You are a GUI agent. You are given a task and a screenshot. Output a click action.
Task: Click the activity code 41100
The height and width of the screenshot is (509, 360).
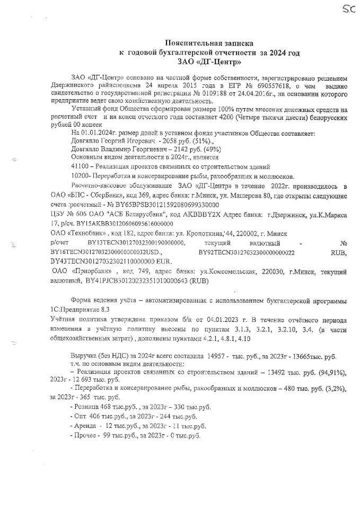(x=80, y=166)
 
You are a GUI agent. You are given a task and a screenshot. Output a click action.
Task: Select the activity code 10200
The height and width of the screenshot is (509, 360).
(x=80, y=175)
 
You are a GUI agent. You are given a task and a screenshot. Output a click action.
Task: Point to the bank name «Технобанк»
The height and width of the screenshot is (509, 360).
(x=81, y=233)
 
